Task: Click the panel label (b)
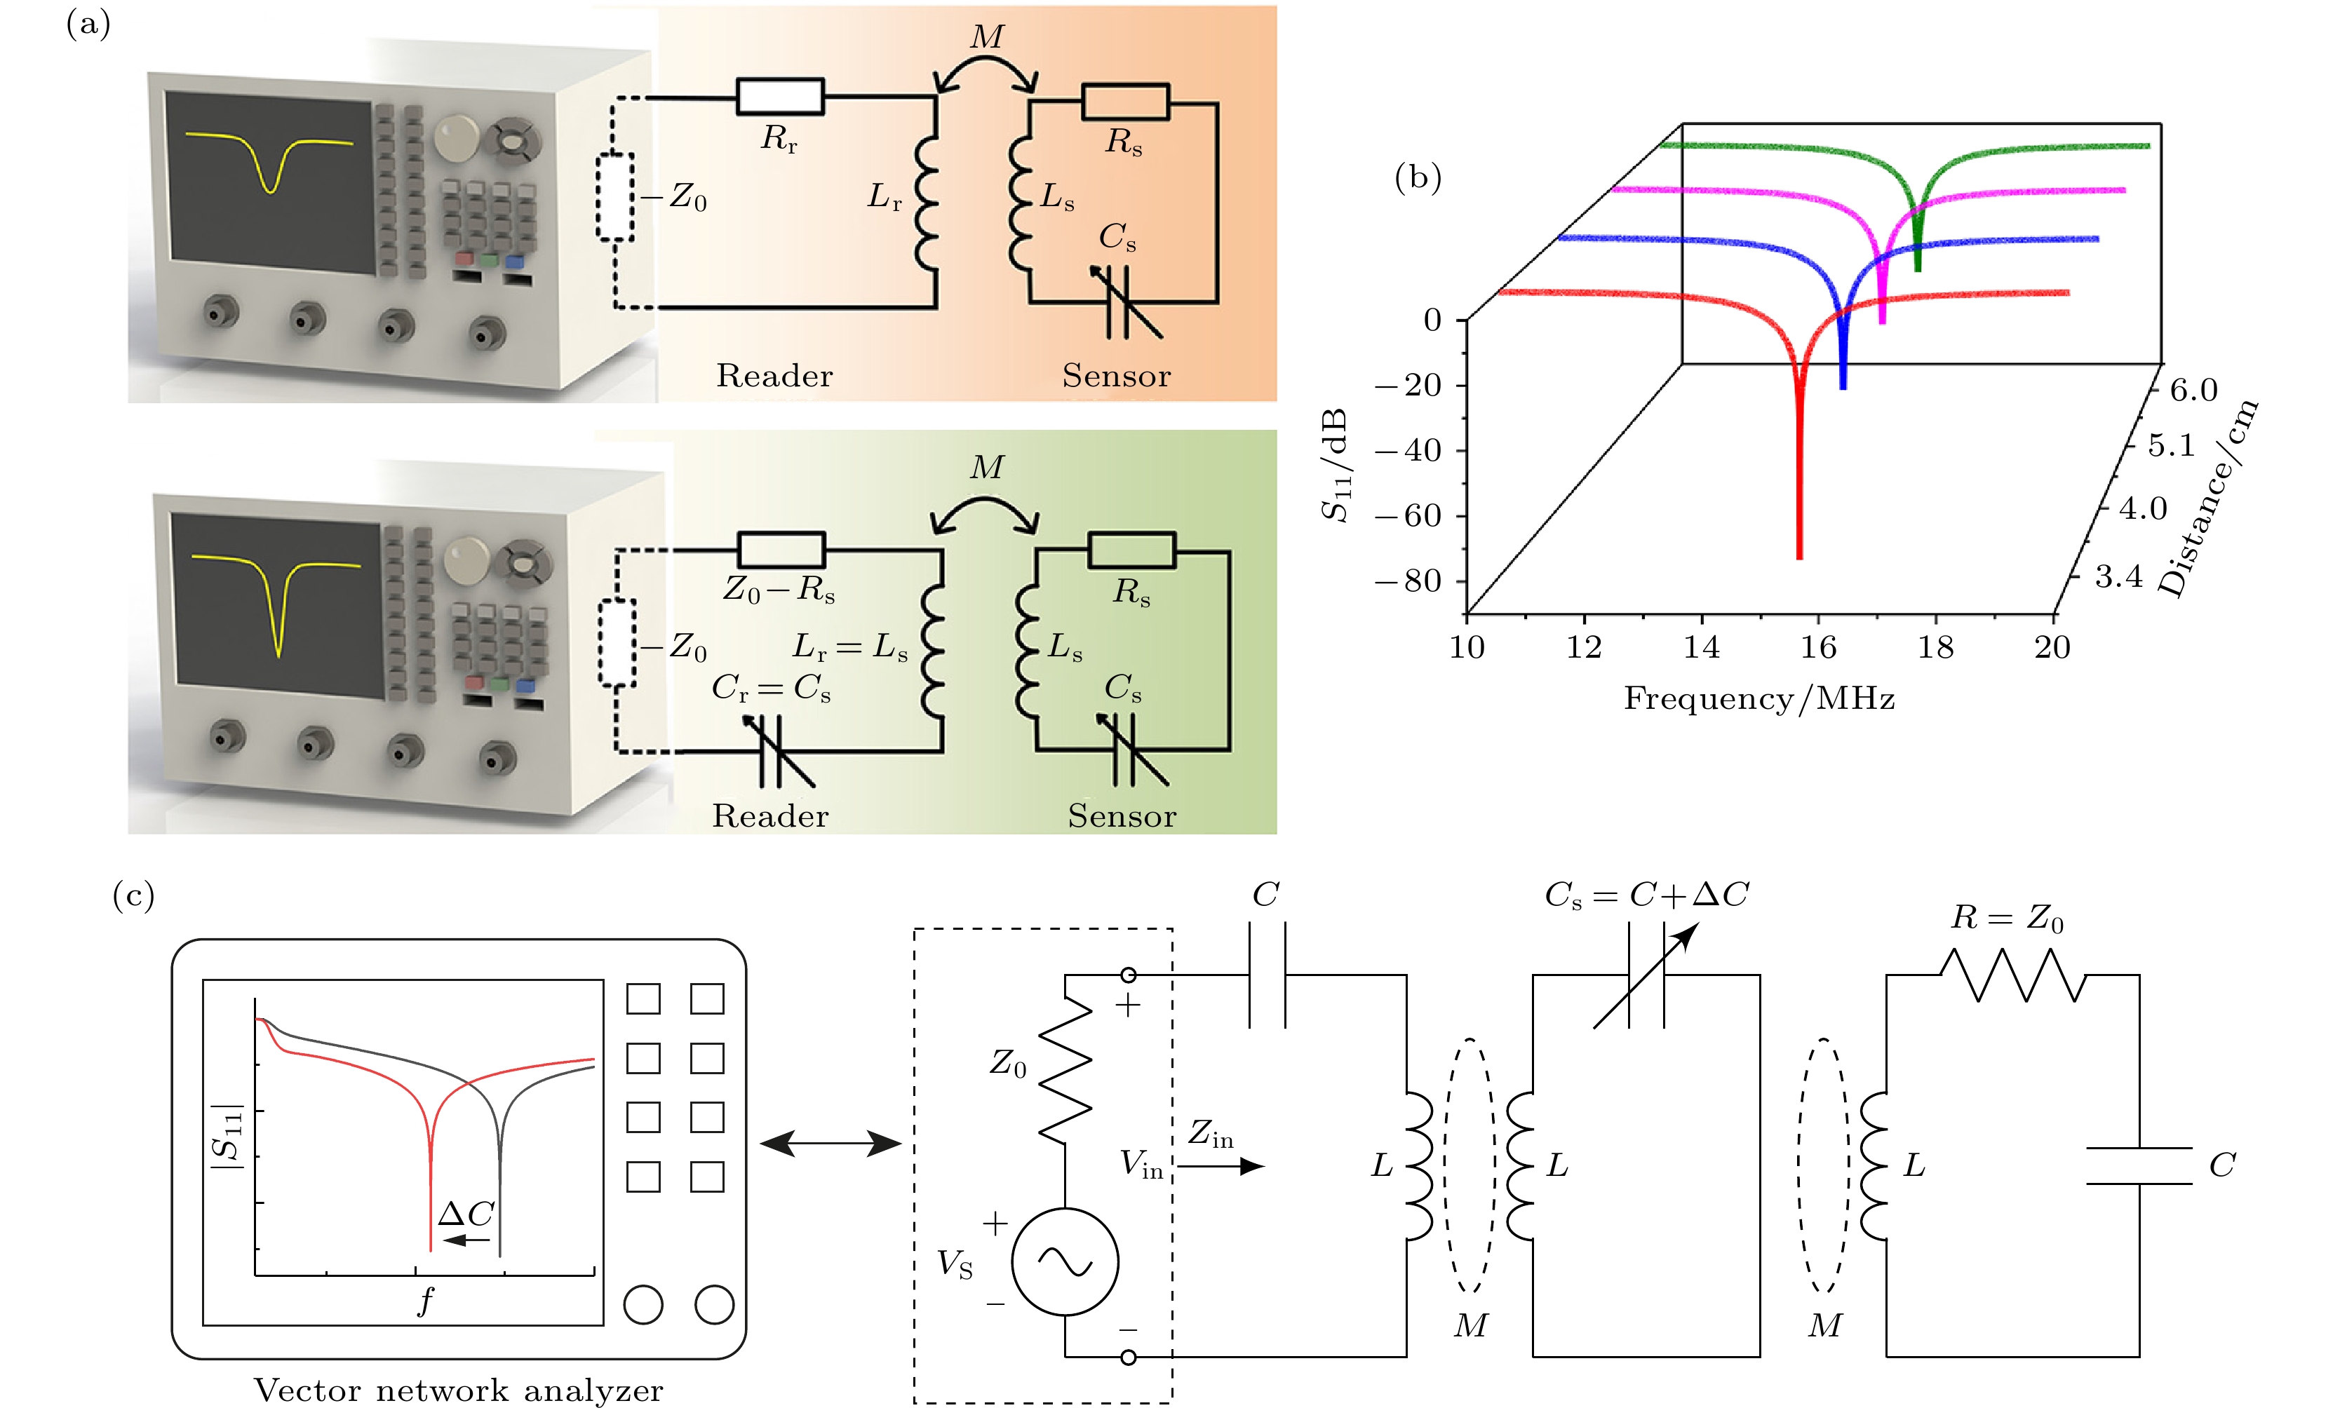coord(1418,178)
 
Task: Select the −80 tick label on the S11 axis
coord(1408,580)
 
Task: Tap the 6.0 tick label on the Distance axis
coord(2193,389)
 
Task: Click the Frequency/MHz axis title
coord(1759,699)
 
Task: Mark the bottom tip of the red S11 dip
coord(1799,558)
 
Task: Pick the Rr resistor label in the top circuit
coord(779,139)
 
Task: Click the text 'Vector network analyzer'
coord(458,1390)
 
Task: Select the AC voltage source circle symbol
coord(1065,1261)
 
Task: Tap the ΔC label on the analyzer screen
coord(466,1213)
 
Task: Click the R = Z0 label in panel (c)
coord(2007,918)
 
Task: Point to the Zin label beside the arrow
coord(1211,1133)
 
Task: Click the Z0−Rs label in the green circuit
coord(779,590)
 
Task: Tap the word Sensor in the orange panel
coord(1117,376)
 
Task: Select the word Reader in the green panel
coord(771,816)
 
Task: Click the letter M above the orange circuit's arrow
coord(987,37)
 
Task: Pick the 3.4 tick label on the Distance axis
coord(2118,576)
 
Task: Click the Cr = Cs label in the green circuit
coord(772,687)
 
